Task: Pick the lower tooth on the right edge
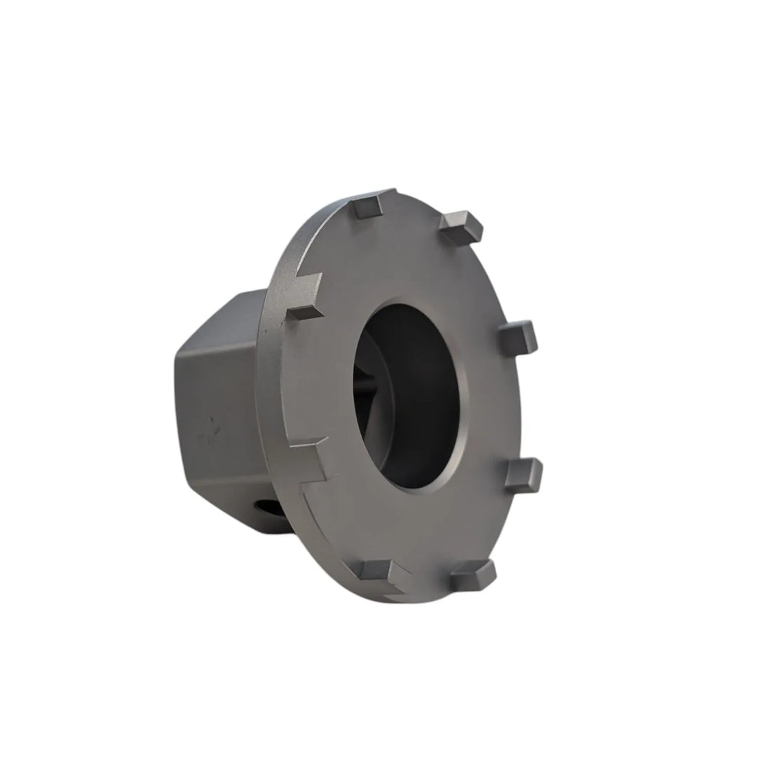(x=524, y=475)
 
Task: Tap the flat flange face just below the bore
(x=421, y=526)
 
